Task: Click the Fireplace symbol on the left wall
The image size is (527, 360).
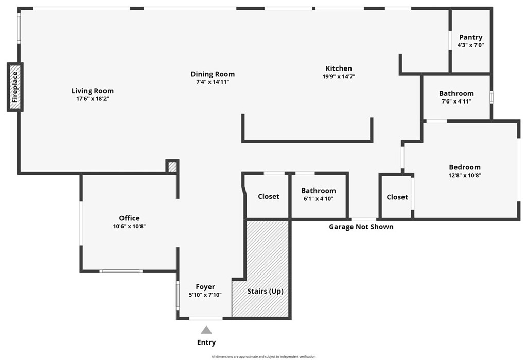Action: (15, 87)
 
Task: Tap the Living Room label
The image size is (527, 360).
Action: (93, 91)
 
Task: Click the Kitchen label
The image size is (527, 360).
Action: (339, 68)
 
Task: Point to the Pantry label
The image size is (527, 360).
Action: (470, 37)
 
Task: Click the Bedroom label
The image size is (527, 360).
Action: (465, 167)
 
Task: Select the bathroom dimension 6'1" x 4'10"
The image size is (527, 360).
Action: (319, 198)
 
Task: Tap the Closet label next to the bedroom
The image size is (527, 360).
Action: (397, 197)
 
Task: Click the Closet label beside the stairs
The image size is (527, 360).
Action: (269, 196)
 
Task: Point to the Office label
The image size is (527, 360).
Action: (129, 218)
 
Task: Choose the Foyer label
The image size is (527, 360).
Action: (205, 287)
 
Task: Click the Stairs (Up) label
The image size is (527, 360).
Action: (265, 291)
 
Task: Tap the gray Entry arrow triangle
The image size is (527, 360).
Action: (206, 330)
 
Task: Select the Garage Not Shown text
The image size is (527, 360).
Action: (361, 227)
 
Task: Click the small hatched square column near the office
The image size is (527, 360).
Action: (172, 166)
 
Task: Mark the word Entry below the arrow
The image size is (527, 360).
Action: (206, 342)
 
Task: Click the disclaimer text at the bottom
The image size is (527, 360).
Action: (263, 356)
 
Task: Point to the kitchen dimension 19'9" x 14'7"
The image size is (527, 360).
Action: (339, 76)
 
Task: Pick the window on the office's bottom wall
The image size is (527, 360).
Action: (121, 271)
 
